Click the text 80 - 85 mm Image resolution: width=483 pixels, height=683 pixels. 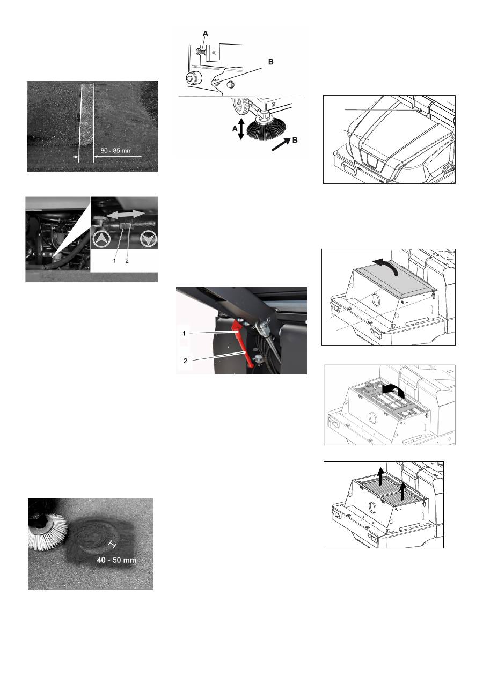point(116,151)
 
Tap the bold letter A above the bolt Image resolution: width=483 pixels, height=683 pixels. point(206,34)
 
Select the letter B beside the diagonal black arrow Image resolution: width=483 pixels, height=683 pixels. point(295,140)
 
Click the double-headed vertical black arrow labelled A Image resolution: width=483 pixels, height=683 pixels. point(241,129)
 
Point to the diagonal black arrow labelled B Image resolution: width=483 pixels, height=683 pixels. point(281,144)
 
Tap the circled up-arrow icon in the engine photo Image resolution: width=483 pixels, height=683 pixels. point(101,240)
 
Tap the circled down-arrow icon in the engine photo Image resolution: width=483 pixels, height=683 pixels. point(149,240)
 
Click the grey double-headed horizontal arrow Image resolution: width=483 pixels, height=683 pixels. point(126,215)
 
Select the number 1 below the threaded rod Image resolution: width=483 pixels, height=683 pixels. point(114,261)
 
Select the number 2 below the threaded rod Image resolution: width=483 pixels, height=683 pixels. point(127,261)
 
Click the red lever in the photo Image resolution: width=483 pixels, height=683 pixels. point(243,343)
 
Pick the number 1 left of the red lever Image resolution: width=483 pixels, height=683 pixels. point(184,333)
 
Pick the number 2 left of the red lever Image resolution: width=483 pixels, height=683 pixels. point(185,361)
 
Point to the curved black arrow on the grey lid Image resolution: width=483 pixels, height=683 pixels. point(386,266)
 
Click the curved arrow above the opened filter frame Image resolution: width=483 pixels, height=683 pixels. point(394,391)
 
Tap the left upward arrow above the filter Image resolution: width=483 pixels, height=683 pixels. point(379,476)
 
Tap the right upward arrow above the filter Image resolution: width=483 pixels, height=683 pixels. point(403,491)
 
